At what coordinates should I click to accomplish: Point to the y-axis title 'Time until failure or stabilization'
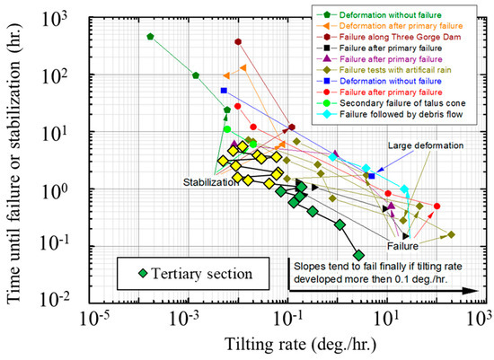pyautogui.click(x=17, y=153)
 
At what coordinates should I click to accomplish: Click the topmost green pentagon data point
pyautogui.click(x=150, y=36)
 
